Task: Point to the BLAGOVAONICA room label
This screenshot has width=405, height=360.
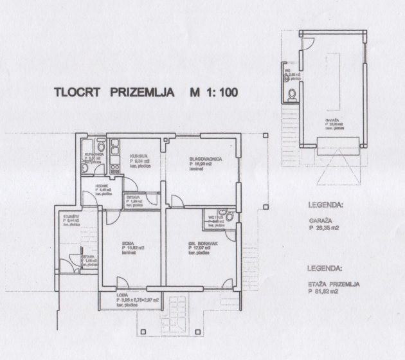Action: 206,159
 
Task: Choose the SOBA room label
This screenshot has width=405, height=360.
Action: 128,242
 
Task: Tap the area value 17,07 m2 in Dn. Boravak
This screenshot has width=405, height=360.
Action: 205,248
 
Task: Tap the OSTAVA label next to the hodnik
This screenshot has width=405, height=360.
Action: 133,196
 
